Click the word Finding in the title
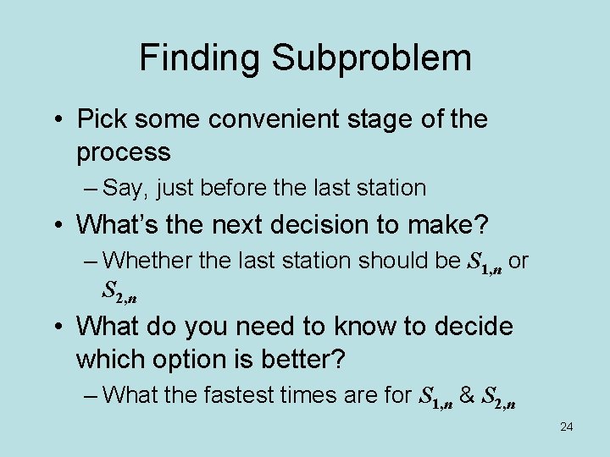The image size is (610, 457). point(199,58)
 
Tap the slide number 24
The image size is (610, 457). point(566,427)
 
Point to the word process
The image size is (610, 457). point(124,153)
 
